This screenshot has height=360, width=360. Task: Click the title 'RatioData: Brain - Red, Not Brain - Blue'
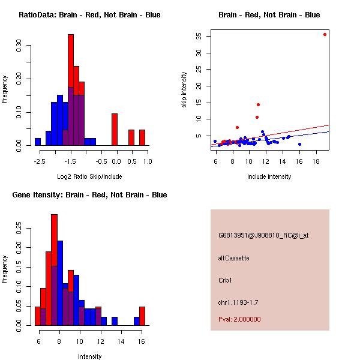[89, 15]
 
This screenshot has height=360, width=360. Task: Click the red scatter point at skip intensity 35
[325, 34]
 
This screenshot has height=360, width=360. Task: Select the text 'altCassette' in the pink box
[233, 258]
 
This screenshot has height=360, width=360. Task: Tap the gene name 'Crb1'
[225, 280]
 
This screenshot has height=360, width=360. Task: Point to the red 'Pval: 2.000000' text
[239, 319]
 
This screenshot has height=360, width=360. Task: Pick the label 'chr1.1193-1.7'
[238, 302]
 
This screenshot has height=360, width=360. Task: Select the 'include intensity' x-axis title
[269, 176]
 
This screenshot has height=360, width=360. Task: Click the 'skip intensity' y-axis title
[184, 90]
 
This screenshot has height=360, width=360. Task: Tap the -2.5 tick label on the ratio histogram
[38, 161]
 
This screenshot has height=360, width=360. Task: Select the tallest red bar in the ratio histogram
[71, 60]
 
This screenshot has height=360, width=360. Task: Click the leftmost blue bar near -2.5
[38, 142]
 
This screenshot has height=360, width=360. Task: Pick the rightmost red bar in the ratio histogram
[142, 137]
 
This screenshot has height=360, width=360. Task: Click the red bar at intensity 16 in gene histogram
[142, 316]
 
